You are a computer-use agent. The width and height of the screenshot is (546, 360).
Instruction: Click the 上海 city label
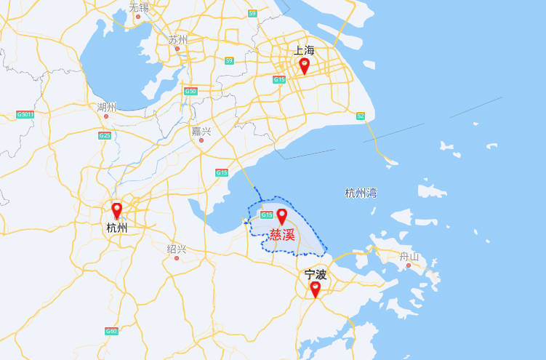(304, 50)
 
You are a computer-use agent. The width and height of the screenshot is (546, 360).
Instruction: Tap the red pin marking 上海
(304, 65)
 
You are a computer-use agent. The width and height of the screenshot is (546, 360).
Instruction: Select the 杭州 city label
(116, 228)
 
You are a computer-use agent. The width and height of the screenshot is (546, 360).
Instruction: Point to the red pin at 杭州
(116, 211)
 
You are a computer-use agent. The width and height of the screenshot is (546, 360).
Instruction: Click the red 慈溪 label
(282, 235)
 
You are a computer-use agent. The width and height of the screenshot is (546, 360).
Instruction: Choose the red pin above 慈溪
(282, 217)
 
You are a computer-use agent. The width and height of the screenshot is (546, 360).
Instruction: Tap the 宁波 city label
(316, 274)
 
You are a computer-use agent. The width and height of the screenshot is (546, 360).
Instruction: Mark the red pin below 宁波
(315, 289)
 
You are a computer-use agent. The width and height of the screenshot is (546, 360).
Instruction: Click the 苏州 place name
(177, 39)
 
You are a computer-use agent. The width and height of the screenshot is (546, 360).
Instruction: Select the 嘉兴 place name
(201, 131)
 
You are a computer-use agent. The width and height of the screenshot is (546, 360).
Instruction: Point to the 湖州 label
(106, 107)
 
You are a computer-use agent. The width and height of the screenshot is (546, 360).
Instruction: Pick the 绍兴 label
(177, 249)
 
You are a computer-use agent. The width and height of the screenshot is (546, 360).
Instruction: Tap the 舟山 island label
(409, 256)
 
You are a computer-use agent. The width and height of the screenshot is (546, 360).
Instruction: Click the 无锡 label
(138, 7)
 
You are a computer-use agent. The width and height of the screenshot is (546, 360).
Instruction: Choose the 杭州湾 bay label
(361, 193)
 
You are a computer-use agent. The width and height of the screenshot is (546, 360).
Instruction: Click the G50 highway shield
(190, 91)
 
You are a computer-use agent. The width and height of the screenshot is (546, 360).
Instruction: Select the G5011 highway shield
(25, 114)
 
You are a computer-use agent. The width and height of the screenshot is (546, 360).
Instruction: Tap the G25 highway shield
(105, 135)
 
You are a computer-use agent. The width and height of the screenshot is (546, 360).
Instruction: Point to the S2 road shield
(361, 116)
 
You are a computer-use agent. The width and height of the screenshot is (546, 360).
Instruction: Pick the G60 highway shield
(111, 331)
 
